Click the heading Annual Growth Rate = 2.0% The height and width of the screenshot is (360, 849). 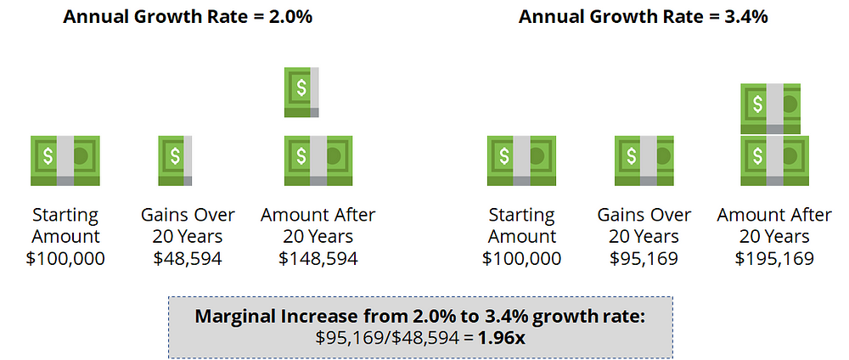[188, 16]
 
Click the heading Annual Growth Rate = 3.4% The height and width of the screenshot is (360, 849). [644, 16]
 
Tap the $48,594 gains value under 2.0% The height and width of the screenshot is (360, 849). [188, 258]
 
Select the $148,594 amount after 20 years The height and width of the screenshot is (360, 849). [318, 258]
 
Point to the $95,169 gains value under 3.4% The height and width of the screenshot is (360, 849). [644, 258]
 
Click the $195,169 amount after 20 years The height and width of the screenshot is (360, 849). [775, 258]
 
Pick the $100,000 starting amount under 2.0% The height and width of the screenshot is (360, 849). [65, 258]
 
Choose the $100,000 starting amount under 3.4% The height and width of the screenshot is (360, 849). [521, 258]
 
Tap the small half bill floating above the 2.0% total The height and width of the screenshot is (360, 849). [302, 92]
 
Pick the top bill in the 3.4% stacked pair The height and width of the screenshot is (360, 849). [771, 108]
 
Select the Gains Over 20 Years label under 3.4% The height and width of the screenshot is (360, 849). [644, 225]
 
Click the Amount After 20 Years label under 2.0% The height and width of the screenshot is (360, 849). [318, 225]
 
